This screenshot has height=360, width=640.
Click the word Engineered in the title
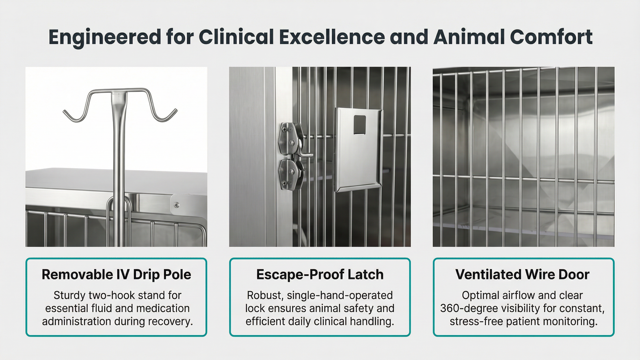(x=105, y=37)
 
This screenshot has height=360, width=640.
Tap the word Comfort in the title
(x=551, y=37)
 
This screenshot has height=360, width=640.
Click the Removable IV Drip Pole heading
(x=116, y=275)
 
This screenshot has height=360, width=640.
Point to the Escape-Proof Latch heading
(x=320, y=275)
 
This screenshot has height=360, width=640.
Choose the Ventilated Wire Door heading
(x=522, y=275)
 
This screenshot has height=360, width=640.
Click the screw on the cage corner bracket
(x=177, y=205)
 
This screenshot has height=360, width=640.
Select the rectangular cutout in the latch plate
(x=360, y=125)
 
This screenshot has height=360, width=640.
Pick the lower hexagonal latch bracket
(x=288, y=174)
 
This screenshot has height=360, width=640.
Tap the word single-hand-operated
(x=340, y=296)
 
